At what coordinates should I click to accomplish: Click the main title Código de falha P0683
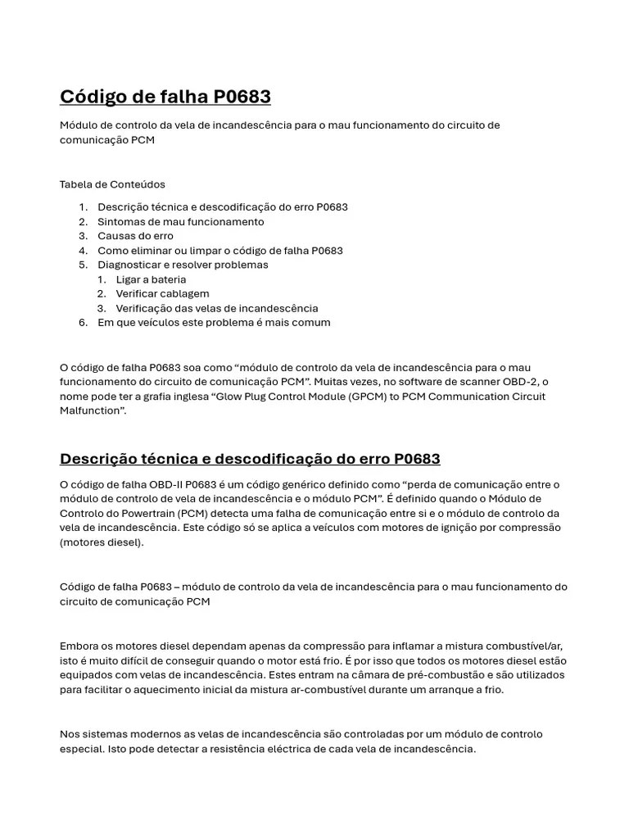tap(165, 97)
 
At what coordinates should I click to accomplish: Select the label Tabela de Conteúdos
tap(112, 184)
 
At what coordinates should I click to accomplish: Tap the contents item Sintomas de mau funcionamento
tap(180, 221)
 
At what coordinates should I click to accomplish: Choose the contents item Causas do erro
tap(135, 236)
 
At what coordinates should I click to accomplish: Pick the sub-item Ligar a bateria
tap(151, 279)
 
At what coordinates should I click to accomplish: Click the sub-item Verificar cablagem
tap(162, 293)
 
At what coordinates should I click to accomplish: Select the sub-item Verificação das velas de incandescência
tap(216, 308)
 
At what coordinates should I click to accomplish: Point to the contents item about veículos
tap(214, 323)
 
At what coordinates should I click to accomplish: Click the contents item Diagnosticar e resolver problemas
tap(183, 265)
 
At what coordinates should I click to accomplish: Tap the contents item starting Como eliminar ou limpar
tap(219, 251)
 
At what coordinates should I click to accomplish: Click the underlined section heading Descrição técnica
tap(250, 459)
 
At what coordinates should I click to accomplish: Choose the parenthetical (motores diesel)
tap(102, 542)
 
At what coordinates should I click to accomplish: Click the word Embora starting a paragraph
tap(79, 646)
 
